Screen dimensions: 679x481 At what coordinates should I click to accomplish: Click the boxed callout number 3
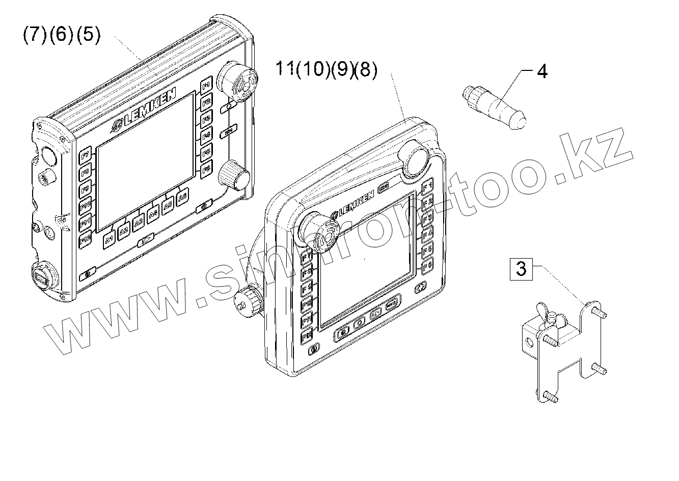click(x=521, y=268)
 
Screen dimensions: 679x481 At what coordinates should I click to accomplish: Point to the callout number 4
click(x=542, y=71)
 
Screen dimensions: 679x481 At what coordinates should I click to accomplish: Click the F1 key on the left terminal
click(x=206, y=86)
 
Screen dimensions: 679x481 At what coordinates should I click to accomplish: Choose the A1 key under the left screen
click(x=109, y=239)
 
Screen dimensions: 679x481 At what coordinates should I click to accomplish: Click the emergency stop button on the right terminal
click(x=318, y=232)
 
